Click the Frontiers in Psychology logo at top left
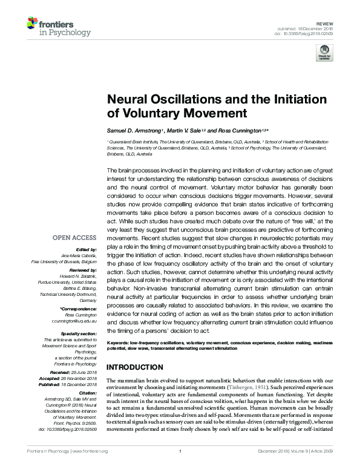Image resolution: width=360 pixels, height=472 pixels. pos(59,27)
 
